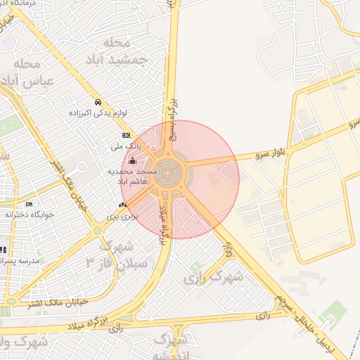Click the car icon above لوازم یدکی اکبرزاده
98,102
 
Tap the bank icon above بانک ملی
126,136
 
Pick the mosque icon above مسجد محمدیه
133,160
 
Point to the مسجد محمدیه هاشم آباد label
131,176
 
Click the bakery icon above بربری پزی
123,205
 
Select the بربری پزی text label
122,216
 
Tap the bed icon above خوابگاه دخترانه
29,204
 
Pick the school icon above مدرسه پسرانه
3,250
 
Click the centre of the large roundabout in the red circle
168,169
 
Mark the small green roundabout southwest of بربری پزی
96,230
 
